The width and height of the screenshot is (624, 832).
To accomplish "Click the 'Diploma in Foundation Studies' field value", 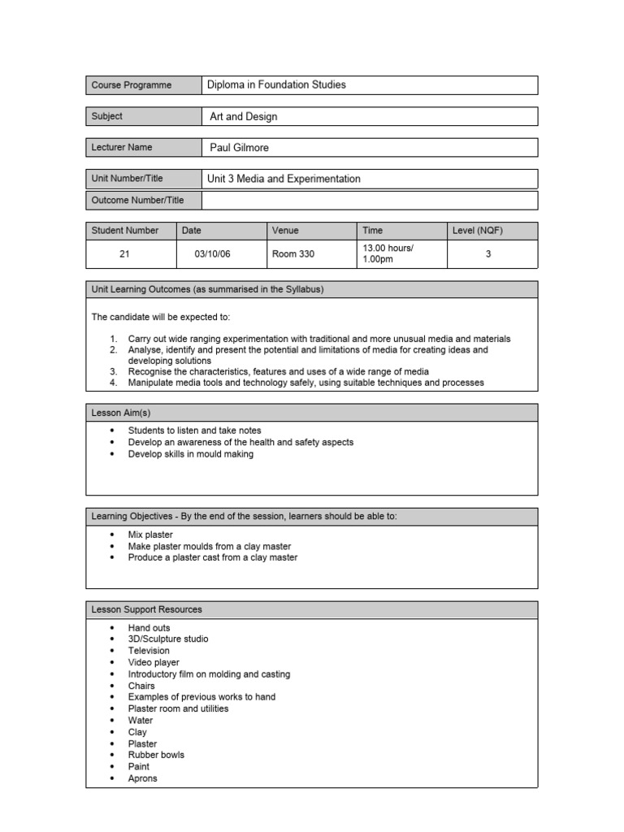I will [276, 85].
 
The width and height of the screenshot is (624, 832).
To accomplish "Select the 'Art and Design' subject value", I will [243, 116].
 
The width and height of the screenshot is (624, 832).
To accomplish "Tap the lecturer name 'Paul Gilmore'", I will [239, 147].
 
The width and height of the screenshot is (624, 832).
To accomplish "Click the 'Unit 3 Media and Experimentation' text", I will [284, 179].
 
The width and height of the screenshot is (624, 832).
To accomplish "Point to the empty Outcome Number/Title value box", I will [370, 200].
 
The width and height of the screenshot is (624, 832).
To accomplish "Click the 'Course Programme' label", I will [132, 85].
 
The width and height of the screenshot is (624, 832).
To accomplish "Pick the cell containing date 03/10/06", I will [212, 253].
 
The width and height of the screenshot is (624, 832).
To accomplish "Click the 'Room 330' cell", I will [293, 253].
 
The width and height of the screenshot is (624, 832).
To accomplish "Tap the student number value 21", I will [124, 253].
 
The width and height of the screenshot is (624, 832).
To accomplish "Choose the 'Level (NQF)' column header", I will [478, 231].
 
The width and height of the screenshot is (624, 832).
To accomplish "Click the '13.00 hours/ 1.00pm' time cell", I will [388, 253].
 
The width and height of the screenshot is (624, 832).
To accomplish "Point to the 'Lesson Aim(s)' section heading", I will [121, 413].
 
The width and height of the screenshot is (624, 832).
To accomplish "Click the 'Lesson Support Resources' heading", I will [147, 609].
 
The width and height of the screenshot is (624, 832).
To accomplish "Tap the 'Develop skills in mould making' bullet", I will [191, 454].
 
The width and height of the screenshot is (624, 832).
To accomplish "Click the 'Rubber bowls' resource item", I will [156, 755].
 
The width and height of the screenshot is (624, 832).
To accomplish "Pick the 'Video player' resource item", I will [154, 662].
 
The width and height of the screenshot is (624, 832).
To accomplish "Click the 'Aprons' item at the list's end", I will [142, 778].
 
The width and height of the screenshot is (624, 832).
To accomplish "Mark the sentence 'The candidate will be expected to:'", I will [166, 317].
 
